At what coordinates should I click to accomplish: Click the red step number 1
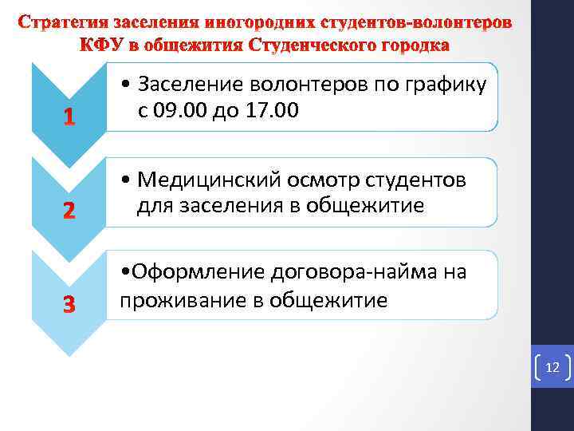[x=69, y=119]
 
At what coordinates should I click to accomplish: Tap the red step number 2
[x=69, y=212]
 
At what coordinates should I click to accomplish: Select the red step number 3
[x=69, y=305]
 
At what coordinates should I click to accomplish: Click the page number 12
[x=552, y=367]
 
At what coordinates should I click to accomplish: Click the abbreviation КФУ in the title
[x=104, y=44]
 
